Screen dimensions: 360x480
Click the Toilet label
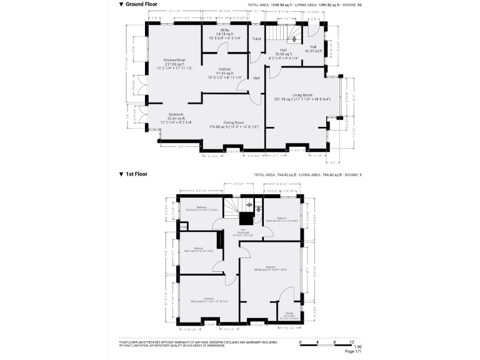(256, 39)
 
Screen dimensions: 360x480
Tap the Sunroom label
(176, 114)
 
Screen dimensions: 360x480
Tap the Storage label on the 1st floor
(289, 314)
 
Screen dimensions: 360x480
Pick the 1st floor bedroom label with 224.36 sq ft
(270, 267)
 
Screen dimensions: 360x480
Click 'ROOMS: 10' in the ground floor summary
(351, 4)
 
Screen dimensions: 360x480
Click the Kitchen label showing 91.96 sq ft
(224, 69)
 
